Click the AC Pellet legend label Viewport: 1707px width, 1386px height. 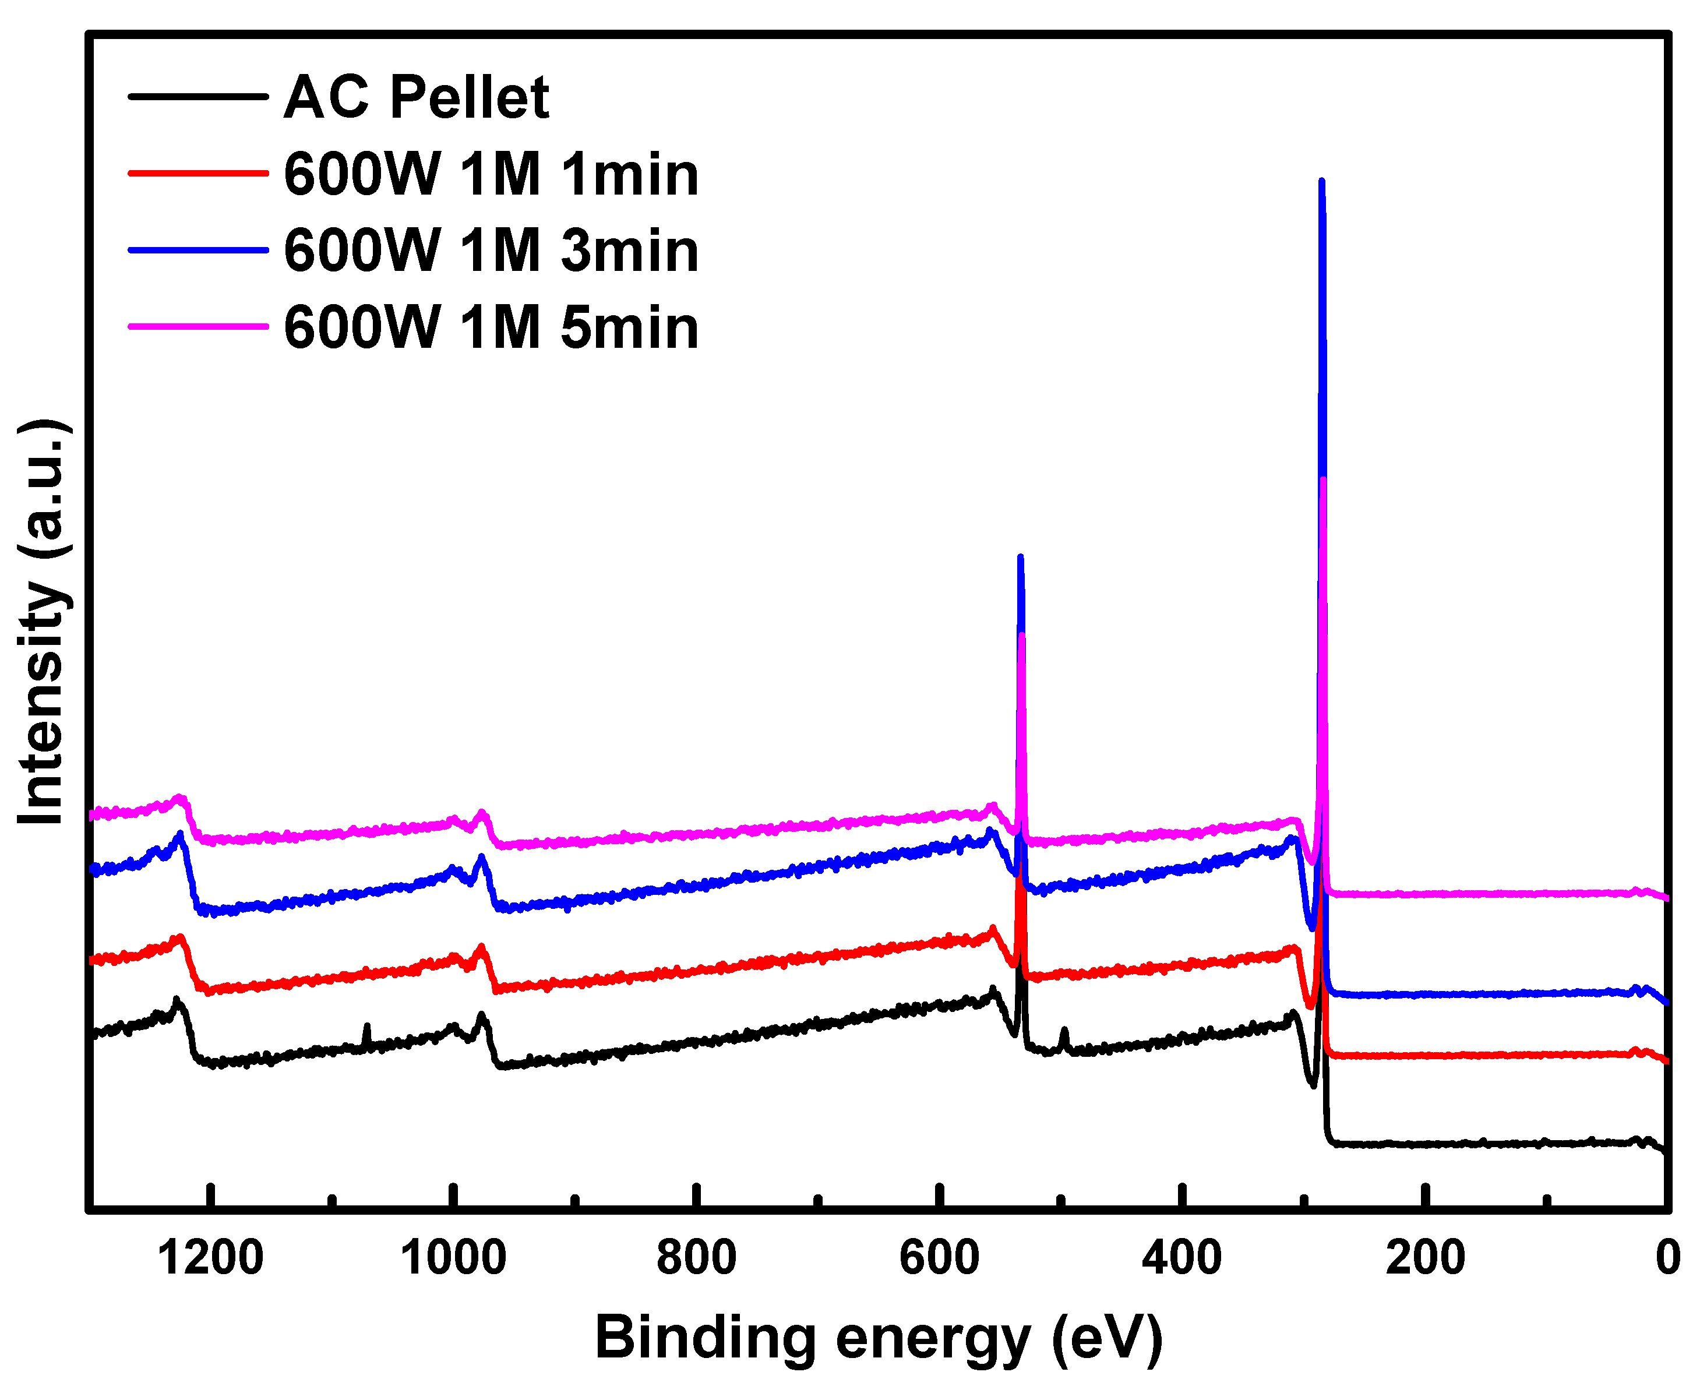point(416,97)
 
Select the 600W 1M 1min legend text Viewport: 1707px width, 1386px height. point(491,174)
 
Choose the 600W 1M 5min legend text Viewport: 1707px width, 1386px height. point(491,327)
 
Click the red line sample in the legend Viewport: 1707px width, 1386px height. point(198,172)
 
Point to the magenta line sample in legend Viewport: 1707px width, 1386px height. point(198,326)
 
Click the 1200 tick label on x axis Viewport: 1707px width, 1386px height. point(210,1258)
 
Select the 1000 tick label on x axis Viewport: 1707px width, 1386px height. point(453,1258)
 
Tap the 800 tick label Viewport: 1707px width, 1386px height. point(696,1258)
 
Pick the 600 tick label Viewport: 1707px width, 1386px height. point(939,1258)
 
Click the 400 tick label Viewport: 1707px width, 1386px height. point(1182,1258)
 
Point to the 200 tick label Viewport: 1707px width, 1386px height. point(1425,1258)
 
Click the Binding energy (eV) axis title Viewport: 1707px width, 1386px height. point(878,1338)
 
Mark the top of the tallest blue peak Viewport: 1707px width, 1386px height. point(1321,182)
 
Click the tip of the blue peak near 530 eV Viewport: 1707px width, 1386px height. point(1020,558)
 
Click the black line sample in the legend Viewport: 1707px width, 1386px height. point(198,97)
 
